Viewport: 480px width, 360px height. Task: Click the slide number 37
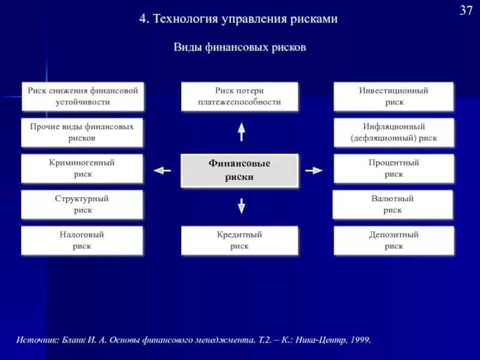point(466,10)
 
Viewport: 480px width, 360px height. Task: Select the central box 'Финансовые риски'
point(239,170)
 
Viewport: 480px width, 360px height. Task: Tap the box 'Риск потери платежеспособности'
point(239,96)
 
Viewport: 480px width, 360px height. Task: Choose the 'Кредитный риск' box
point(239,240)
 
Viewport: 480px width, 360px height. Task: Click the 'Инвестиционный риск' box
point(394,96)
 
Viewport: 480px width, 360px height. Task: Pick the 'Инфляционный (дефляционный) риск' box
point(394,132)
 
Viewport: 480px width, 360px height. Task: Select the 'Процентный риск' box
point(394,168)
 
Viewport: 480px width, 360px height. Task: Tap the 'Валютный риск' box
point(394,204)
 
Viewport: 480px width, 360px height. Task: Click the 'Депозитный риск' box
point(394,240)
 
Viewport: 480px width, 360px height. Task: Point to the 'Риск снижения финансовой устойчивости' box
point(83,96)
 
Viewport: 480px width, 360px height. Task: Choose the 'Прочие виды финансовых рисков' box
point(83,132)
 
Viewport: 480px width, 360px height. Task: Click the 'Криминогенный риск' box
point(83,168)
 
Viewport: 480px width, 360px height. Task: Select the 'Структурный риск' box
point(83,204)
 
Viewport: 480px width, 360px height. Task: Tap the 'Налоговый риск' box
point(83,240)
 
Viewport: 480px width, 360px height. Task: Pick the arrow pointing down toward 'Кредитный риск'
point(241,206)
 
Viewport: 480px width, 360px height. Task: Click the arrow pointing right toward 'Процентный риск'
point(315,170)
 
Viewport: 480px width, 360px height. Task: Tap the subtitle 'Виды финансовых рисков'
point(240,47)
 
